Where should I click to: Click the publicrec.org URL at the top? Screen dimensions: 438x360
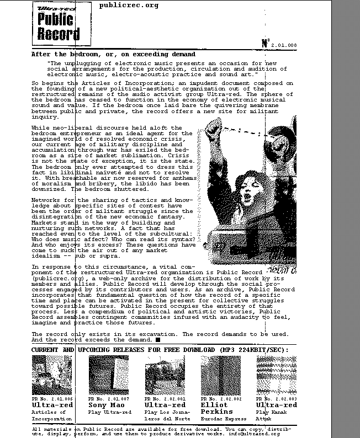point(129,6)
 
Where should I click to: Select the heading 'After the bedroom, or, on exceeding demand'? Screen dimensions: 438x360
point(113,55)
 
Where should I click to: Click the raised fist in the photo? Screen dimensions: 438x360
point(213,130)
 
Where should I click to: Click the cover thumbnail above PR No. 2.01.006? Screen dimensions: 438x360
point(52,375)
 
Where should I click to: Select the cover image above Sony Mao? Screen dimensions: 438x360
point(108,375)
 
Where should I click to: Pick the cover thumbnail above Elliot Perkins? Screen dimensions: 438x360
point(221,375)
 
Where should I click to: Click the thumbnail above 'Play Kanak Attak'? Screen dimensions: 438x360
point(277,375)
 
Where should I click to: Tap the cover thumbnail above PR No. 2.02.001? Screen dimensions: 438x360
point(165,375)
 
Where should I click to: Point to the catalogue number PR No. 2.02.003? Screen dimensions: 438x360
point(277,398)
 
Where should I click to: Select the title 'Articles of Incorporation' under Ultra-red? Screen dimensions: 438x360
point(52,415)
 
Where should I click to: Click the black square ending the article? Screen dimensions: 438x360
point(157,340)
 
